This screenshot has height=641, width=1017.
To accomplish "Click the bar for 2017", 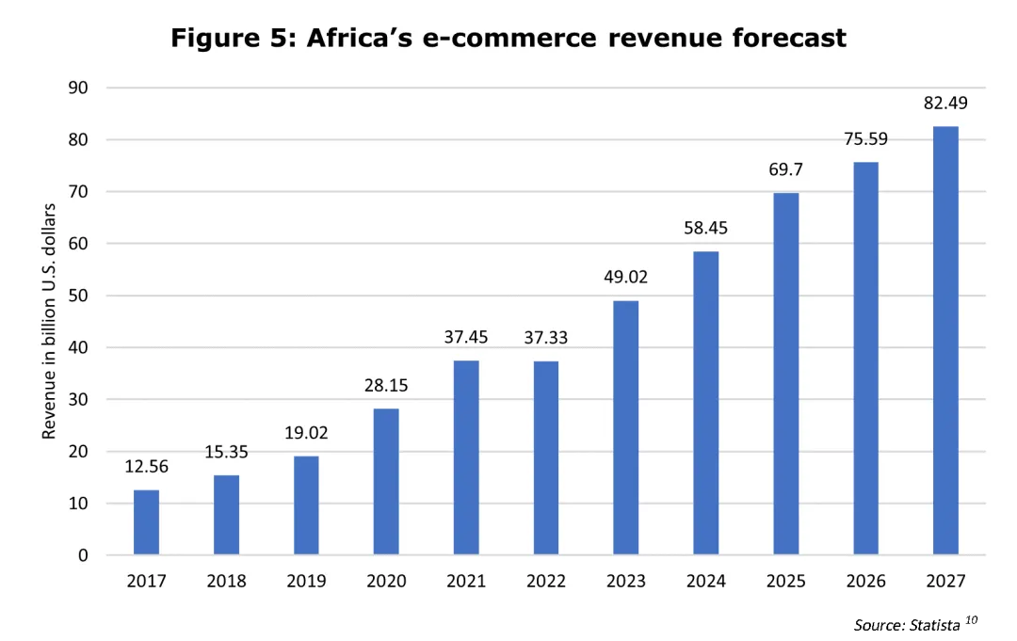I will [x=146, y=522].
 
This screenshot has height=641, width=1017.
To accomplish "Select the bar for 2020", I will [x=386, y=481].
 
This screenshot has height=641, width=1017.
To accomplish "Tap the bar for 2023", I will [x=626, y=427].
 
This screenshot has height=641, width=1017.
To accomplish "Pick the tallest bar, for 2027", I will [x=945, y=341].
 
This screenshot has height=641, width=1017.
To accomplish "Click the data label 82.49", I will [x=945, y=104].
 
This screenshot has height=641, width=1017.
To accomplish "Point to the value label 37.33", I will [x=546, y=338].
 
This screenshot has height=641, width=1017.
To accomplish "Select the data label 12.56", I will [x=146, y=467].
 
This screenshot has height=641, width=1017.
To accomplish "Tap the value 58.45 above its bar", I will [x=705, y=228].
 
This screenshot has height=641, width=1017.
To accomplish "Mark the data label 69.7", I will [x=786, y=169].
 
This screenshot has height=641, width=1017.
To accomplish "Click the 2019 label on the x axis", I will [x=306, y=582].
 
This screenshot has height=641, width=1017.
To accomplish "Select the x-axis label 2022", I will [x=546, y=582].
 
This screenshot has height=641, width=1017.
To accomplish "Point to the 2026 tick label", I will [x=865, y=582].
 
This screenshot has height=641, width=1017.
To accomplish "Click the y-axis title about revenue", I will [x=50, y=321].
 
